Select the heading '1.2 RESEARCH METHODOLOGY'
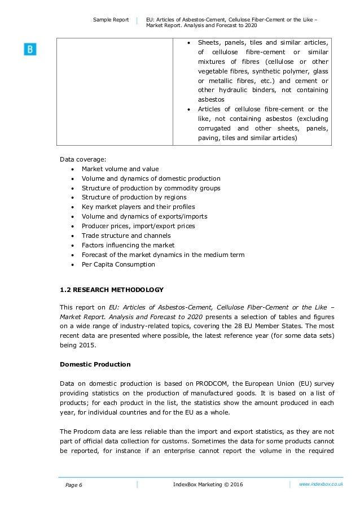coord(112,290)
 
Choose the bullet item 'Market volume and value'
coord(120,169)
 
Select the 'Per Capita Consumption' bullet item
coord(118,264)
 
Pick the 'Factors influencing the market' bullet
coord(128,245)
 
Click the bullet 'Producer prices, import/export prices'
coord(138,226)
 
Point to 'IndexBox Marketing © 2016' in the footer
coord(207,485)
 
